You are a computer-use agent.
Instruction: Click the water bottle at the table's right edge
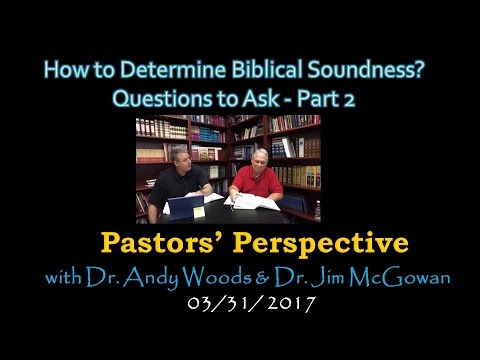pyautogui.click(x=317, y=210)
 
